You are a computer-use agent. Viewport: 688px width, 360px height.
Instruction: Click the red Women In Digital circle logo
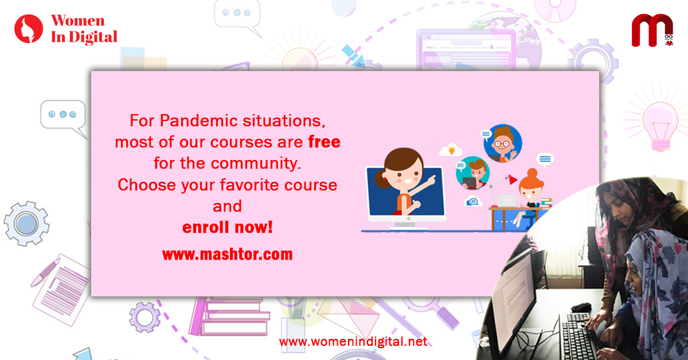29,29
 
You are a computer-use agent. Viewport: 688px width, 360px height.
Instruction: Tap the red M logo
652,30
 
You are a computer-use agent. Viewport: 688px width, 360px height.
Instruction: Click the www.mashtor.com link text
227,255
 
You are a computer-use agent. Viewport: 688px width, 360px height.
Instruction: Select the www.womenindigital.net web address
353,342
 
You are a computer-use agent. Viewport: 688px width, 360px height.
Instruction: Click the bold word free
325,142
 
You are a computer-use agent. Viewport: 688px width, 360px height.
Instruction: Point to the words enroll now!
227,228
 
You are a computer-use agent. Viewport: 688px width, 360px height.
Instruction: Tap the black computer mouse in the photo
581,307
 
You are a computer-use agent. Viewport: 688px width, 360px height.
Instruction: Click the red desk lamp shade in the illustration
513,179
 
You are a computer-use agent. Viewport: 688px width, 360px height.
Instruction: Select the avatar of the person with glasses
502,143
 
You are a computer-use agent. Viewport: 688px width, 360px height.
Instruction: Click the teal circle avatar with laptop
472,173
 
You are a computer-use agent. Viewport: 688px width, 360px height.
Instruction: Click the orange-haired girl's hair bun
532,173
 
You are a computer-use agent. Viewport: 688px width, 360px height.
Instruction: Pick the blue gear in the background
26,224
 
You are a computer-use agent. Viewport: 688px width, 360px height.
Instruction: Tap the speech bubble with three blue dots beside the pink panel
63,117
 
